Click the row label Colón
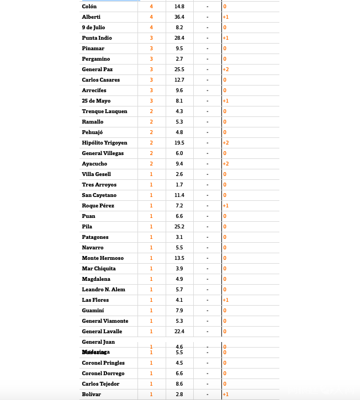tap(89, 7)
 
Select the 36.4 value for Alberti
tap(179, 17)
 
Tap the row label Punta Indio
tap(97, 38)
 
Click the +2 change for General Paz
tap(226, 70)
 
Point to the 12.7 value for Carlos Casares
tap(179, 80)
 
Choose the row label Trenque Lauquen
tap(104, 111)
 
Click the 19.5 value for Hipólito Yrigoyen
tap(179, 143)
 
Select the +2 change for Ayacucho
tap(226, 164)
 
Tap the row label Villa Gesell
tap(96, 174)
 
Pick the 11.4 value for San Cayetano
tap(179, 195)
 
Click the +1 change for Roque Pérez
tap(226, 206)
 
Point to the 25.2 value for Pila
tap(179, 227)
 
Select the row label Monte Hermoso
tap(103, 258)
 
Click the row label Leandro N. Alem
tap(103, 290)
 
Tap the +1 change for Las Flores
tap(226, 300)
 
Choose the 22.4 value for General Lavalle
tap(179, 332)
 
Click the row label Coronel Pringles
tap(103, 363)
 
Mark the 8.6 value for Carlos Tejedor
tap(179, 384)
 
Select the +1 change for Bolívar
tap(226, 394)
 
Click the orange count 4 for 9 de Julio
tap(151, 28)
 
